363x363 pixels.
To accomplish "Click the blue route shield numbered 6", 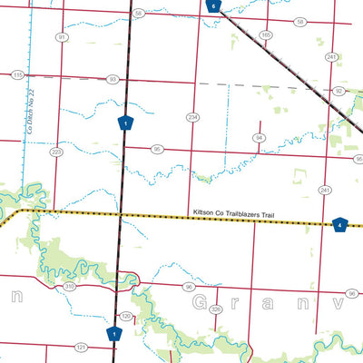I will (212, 5).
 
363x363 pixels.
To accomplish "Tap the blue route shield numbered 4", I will (339, 224).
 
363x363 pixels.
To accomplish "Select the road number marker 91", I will (62, 37).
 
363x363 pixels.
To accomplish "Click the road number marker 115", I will (17, 75).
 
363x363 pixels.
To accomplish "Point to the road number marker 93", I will (113, 80).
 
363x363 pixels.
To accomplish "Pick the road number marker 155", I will (266, 34).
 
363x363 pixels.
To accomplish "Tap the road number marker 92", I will (338, 91).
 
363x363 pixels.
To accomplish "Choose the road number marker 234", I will (192, 117).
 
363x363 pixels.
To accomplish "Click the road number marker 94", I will (259, 137).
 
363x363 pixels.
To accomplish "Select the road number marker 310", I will (70, 286).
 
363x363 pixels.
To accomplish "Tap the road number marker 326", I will (215, 309).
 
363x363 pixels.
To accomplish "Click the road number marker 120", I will (126, 315).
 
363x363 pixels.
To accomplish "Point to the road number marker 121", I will (81, 347).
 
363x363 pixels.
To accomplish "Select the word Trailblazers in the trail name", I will (238, 215).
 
